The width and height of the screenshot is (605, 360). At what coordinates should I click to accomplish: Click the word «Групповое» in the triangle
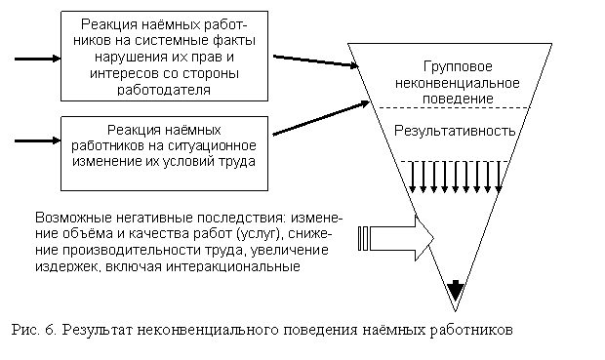pos(458,67)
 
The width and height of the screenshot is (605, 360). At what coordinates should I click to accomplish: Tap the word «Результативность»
pos(455,131)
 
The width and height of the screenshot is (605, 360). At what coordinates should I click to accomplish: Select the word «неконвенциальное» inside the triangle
pos(458,83)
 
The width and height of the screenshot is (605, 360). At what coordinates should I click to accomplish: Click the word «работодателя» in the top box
pos(164,90)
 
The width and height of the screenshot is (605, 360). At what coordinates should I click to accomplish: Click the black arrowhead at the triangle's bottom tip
pos(456,290)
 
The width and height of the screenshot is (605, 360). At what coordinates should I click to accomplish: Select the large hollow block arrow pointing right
pos(402,238)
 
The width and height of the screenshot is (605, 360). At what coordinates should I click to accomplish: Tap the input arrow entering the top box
pos(38,59)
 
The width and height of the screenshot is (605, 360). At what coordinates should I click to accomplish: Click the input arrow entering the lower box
pos(38,140)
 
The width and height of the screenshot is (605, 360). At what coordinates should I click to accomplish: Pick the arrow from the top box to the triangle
pos(315,61)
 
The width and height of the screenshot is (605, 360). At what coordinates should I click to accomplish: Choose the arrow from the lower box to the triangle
pos(321,118)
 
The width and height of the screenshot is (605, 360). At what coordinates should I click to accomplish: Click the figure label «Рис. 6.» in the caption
pos(34,330)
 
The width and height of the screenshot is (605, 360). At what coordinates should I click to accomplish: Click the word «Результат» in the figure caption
pos(98,330)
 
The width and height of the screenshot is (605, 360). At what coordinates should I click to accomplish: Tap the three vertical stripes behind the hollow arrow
pos(363,238)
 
